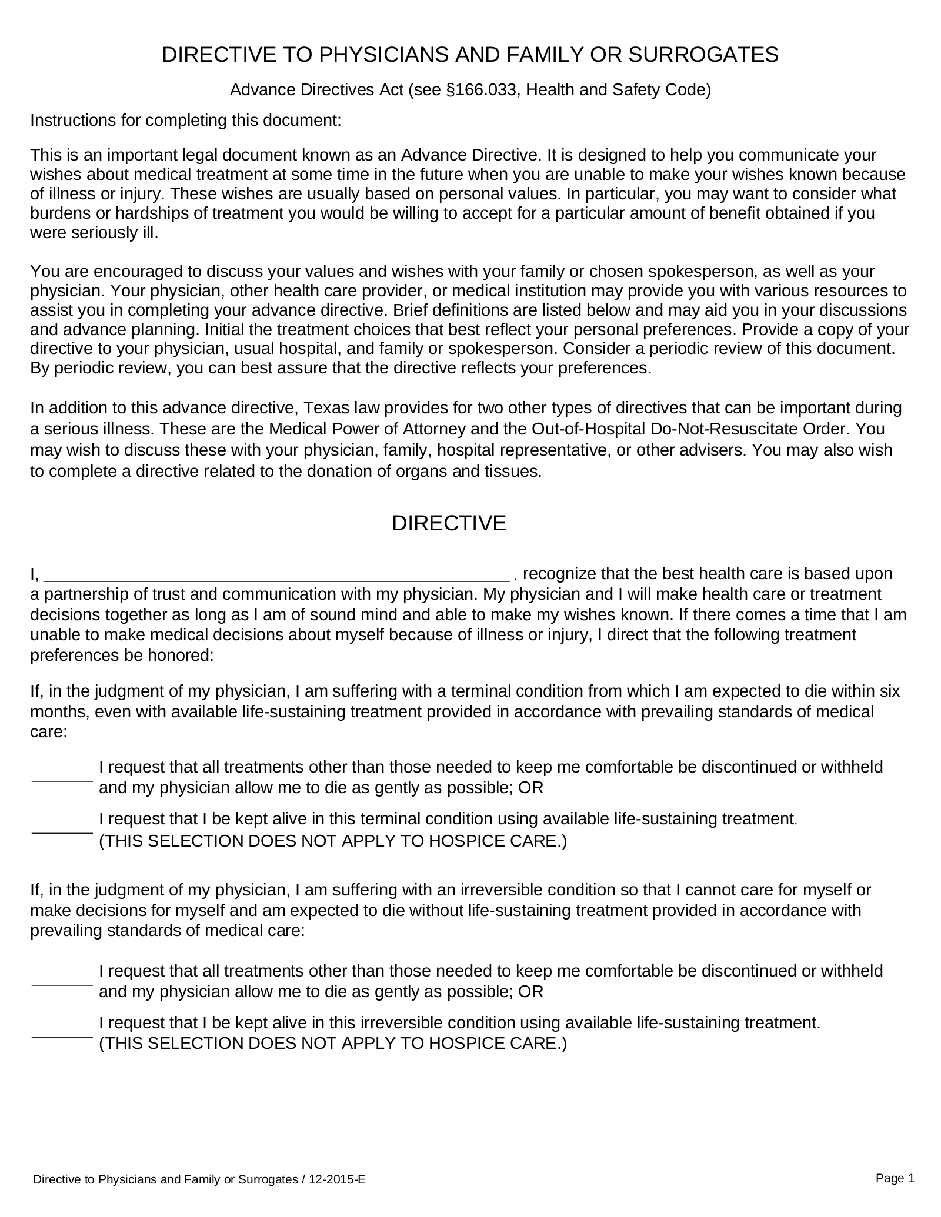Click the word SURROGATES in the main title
pyautogui.click(x=703, y=55)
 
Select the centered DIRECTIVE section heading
pyautogui.click(x=449, y=523)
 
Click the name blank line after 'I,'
pyautogui.click(x=276, y=574)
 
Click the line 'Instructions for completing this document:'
pyautogui.click(x=185, y=121)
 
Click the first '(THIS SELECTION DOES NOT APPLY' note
pyautogui.click(x=332, y=841)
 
